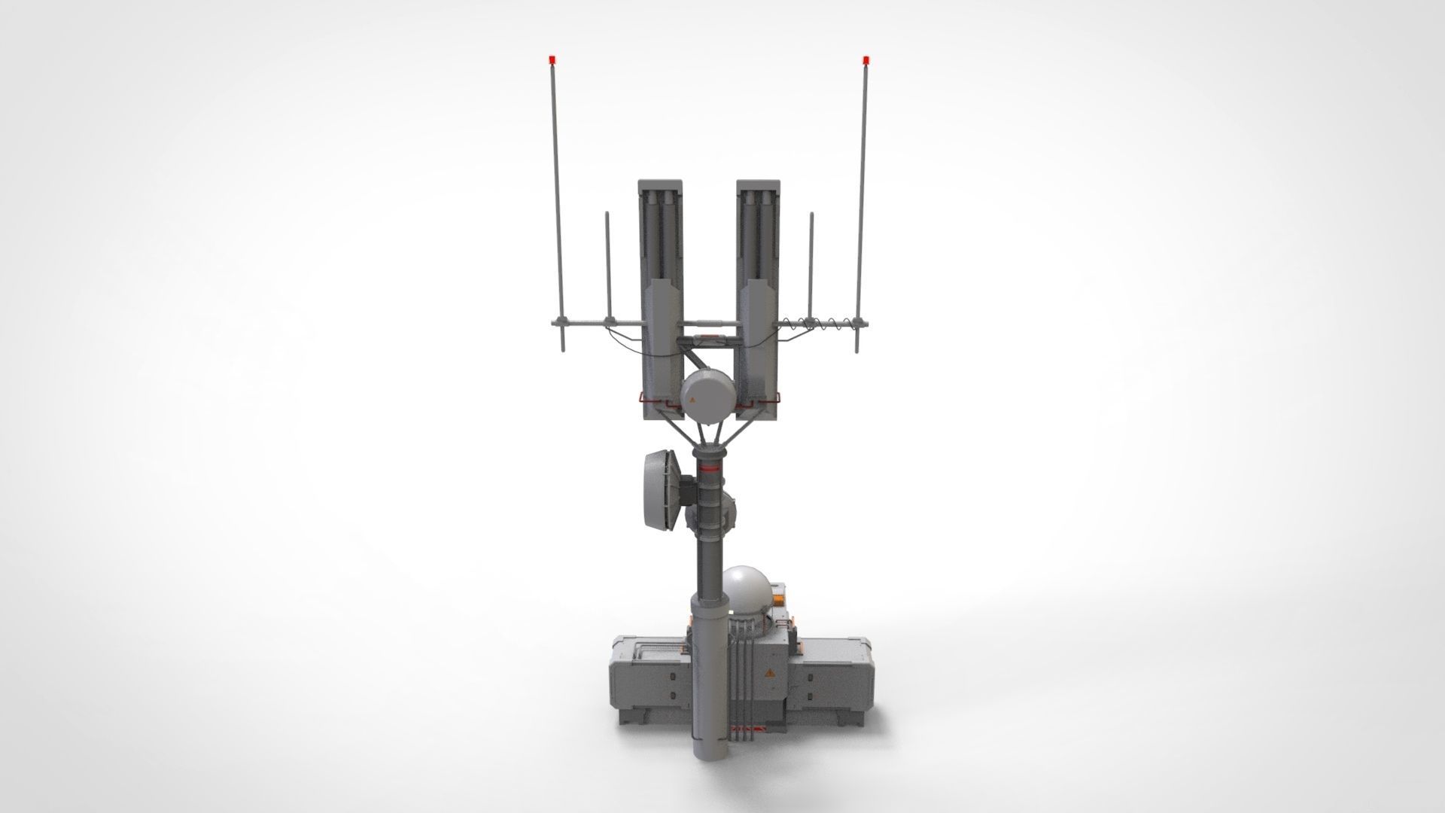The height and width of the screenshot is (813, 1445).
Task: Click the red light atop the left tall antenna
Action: click(552, 58)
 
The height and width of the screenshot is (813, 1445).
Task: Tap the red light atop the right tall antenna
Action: click(866, 58)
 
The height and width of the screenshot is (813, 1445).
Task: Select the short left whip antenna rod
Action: click(608, 263)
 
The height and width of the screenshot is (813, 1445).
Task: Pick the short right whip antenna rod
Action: click(811, 263)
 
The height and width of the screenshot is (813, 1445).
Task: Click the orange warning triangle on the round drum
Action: click(692, 401)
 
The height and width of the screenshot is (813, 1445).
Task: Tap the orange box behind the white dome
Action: click(779, 596)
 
